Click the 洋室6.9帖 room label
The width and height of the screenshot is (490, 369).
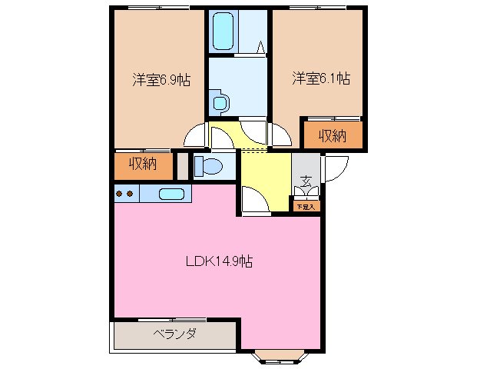pos(161,79)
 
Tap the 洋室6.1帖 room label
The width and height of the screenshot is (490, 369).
pos(321,78)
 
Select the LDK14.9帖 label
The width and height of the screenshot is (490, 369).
pos(220,261)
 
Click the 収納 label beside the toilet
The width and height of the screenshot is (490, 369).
pos(143,164)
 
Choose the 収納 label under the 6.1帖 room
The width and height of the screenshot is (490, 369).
pos(332,136)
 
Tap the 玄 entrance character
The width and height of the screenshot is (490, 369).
pos(306,183)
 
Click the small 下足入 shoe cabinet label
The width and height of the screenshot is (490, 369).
pos(306,206)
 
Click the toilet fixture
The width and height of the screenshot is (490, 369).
pos(208,165)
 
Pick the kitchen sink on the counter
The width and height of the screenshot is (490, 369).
pos(172,194)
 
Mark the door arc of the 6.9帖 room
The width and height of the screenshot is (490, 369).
pos(197,136)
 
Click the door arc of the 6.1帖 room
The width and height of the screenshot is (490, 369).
pos(280,135)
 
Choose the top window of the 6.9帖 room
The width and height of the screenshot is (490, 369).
pos(160,8)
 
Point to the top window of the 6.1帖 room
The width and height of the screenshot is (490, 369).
pos(318,8)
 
